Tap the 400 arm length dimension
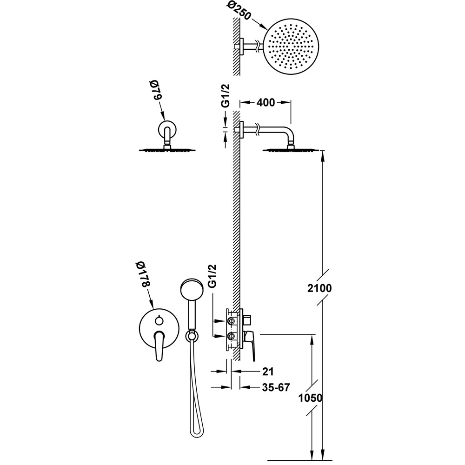click(266, 103)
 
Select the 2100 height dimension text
click(319, 288)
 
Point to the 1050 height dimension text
click(310, 398)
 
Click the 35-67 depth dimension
click(276, 387)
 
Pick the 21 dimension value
click(268, 372)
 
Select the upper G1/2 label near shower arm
click(226, 95)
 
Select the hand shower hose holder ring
click(192, 336)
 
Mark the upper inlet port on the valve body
click(231, 321)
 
